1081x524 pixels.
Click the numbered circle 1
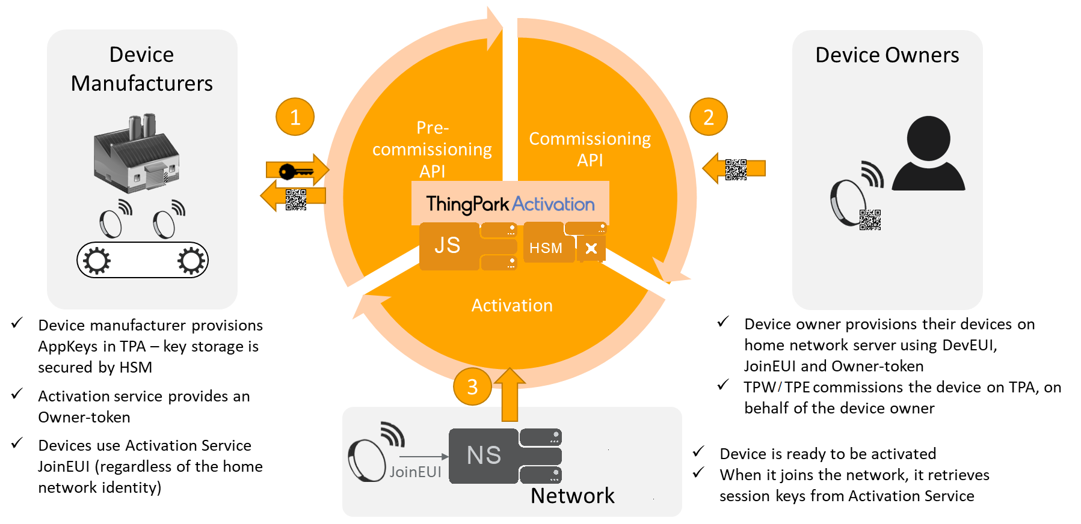click(x=295, y=117)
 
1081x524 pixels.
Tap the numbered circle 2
click(x=708, y=117)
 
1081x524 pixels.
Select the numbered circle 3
click(x=472, y=386)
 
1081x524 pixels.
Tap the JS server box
click(x=448, y=246)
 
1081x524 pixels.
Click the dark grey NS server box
click(x=484, y=455)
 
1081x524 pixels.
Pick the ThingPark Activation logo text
click(x=510, y=204)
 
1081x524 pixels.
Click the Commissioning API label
click(x=590, y=149)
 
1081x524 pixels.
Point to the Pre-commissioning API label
click(x=432, y=149)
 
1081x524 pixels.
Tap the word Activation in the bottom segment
click(x=512, y=305)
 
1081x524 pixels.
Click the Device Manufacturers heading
click(x=142, y=69)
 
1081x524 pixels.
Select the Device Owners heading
click(x=887, y=55)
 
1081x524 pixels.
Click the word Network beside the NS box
click(x=572, y=496)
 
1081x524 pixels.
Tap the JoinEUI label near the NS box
click(x=415, y=472)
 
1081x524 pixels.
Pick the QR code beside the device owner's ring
click(x=870, y=220)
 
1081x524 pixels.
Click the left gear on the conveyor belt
click(x=96, y=260)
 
